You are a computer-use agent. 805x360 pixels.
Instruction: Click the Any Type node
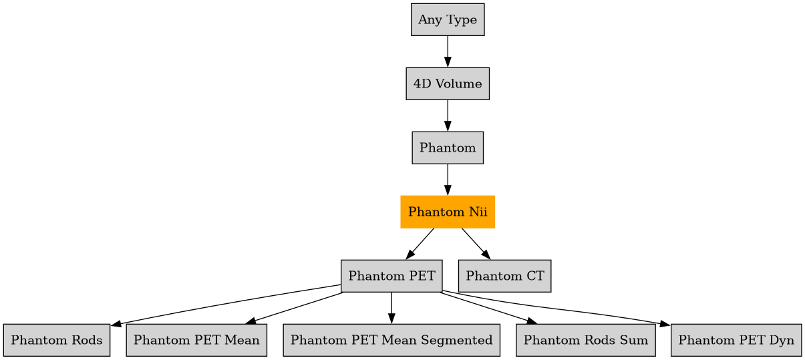(x=447, y=19)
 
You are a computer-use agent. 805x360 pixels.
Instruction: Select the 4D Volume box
(x=447, y=83)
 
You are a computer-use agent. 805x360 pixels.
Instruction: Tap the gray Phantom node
(x=447, y=148)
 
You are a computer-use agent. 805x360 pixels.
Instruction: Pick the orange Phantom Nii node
(x=447, y=212)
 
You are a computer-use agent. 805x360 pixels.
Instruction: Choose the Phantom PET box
(x=391, y=276)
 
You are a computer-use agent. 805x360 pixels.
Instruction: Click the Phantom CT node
(x=504, y=276)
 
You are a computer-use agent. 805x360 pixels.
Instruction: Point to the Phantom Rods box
(x=56, y=340)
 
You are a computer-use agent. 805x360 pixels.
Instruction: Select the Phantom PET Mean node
(x=196, y=340)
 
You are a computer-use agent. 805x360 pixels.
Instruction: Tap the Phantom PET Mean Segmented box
(x=391, y=340)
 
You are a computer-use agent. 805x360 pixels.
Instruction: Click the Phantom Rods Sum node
(x=585, y=340)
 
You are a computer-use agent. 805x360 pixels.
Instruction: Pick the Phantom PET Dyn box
(x=736, y=340)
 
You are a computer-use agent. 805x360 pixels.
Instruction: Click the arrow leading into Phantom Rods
(x=227, y=304)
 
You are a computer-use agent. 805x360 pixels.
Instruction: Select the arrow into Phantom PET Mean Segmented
(x=391, y=308)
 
